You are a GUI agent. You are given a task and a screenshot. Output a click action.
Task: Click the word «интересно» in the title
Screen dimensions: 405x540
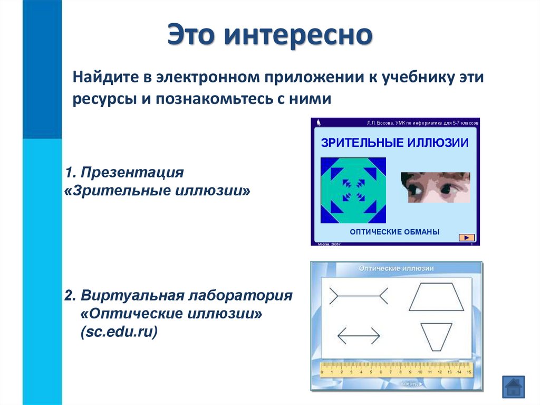click(x=298, y=35)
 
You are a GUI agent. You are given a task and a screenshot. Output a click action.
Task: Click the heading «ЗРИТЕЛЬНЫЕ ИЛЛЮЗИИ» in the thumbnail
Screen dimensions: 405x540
click(x=395, y=143)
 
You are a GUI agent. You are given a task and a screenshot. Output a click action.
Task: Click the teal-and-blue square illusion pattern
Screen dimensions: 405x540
click(x=353, y=190)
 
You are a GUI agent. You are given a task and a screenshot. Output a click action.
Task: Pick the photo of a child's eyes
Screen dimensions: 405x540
click(x=435, y=187)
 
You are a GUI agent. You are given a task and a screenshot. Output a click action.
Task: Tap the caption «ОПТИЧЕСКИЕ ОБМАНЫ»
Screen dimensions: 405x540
click(x=394, y=232)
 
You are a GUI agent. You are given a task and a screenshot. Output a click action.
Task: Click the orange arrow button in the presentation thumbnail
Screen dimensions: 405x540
click(x=467, y=237)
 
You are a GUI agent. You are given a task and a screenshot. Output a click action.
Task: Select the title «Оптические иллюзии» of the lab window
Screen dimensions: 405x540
click(x=396, y=268)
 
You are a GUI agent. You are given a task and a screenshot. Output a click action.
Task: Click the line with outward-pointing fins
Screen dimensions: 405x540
click(x=359, y=296)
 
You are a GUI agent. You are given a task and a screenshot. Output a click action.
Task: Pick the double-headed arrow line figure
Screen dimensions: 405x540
click(x=359, y=335)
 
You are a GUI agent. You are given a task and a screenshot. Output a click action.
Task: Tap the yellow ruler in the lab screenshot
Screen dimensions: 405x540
click(x=396, y=369)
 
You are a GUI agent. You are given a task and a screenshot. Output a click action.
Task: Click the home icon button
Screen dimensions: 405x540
click(x=513, y=387)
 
